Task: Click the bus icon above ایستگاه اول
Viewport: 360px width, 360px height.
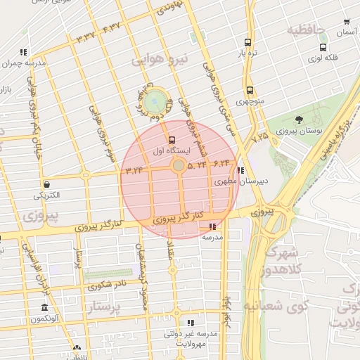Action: point(172,139)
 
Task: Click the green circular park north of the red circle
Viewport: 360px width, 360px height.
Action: point(156,101)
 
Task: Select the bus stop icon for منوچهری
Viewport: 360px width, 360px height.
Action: point(250,90)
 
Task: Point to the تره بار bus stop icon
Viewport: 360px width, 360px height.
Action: point(247,42)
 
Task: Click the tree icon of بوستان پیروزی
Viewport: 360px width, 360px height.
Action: point(299,120)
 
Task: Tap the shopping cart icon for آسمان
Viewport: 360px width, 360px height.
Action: point(346,22)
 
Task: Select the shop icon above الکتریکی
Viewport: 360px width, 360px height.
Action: point(46,184)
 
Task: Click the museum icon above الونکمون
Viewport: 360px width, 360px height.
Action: point(45,308)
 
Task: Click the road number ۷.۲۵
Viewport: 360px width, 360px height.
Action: point(259,135)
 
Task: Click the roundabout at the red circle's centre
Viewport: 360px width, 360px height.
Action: point(179,166)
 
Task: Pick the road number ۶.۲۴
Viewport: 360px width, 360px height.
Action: point(221,163)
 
